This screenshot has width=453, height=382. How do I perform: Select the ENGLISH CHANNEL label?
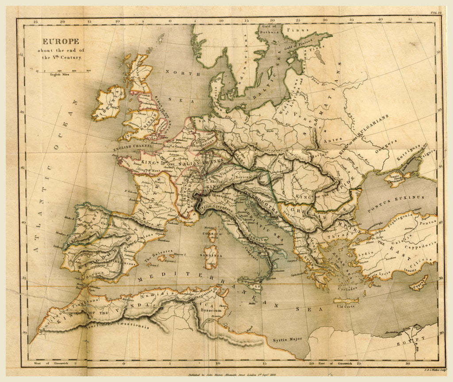click(x=133, y=148)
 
